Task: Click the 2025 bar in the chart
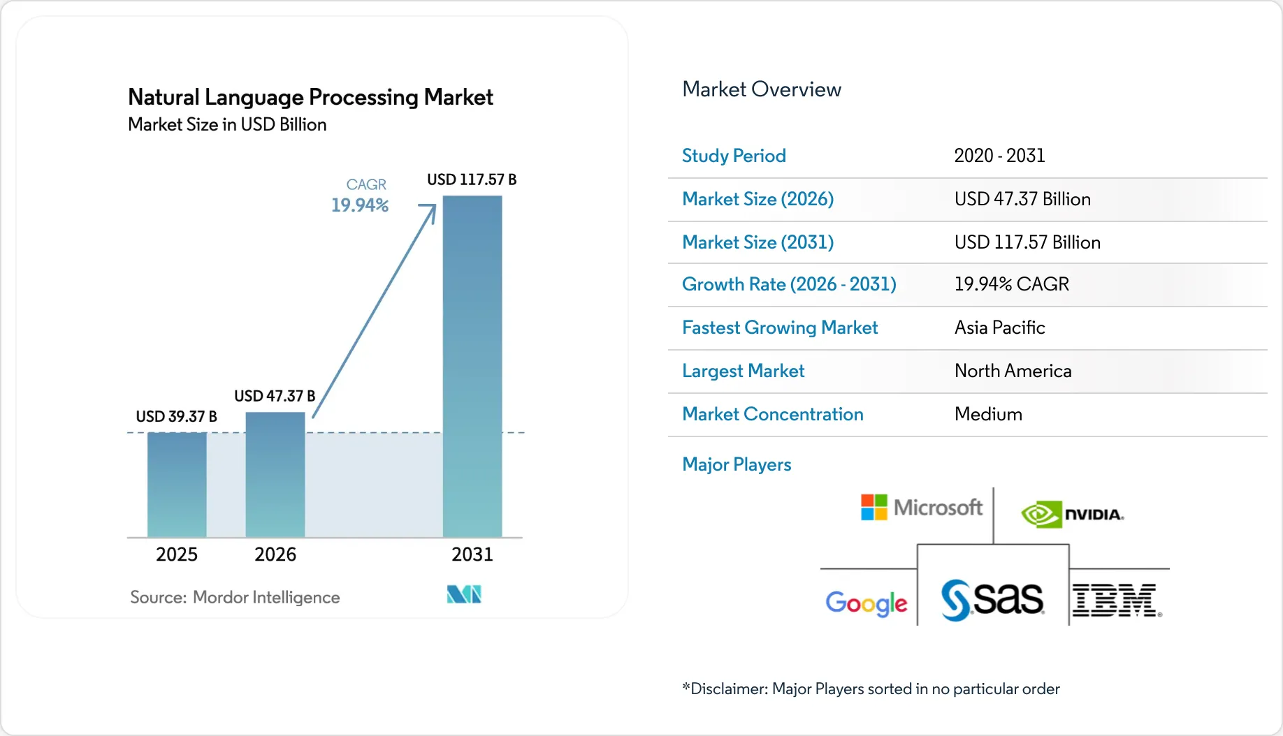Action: [177, 485]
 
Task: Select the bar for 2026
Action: [275, 475]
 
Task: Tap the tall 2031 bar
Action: [472, 367]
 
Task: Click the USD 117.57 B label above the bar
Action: [472, 179]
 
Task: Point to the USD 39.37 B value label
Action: [176, 416]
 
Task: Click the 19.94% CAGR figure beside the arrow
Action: [360, 205]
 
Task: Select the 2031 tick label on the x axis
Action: [472, 554]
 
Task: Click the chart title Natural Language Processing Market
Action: [310, 96]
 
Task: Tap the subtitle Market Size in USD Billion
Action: [227, 124]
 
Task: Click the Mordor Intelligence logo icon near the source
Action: [464, 594]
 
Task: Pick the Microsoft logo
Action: [921, 508]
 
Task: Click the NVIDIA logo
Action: [1073, 515]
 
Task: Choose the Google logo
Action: [867, 603]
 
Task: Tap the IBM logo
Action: [1117, 601]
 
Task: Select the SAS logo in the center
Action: [992, 599]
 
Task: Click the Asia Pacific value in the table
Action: [999, 327]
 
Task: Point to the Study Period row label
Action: [734, 156]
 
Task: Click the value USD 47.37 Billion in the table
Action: [1022, 199]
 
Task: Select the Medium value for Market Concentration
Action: [988, 414]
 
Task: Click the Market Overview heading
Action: [761, 89]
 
